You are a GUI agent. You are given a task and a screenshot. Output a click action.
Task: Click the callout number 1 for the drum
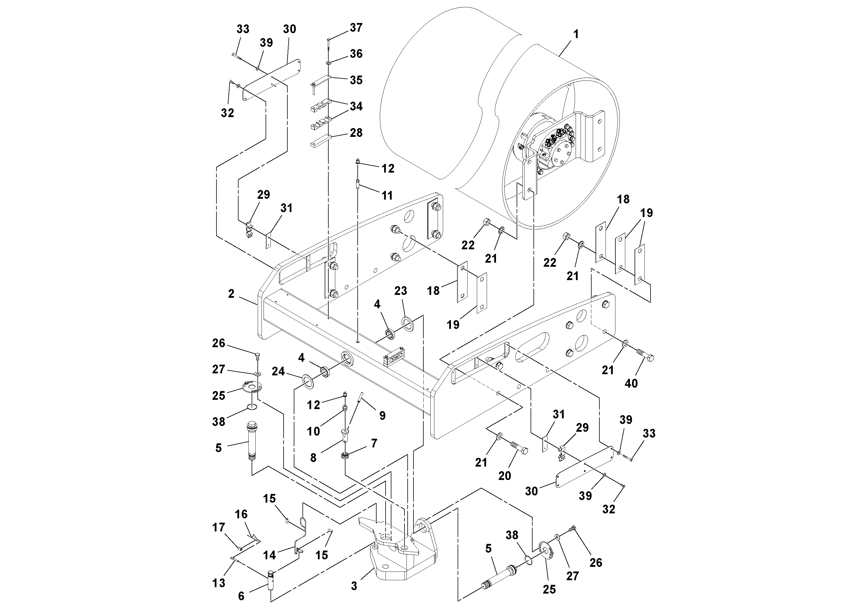[x=575, y=34]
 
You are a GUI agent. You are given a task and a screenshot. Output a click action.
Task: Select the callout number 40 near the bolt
[x=631, y=384]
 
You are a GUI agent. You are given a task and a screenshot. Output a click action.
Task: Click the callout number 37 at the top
[x=356, y=28]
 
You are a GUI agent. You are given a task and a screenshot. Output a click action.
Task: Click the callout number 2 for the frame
[x=231, y=293]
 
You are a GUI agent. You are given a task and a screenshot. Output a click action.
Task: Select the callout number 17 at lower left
[x=219, y=527]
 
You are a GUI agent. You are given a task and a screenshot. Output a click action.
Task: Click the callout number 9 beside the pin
[x=382, y=415]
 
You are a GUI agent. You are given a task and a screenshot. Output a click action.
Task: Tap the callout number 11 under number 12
[x=387, y=195]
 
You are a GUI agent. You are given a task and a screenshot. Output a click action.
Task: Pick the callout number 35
[x=356, y=80]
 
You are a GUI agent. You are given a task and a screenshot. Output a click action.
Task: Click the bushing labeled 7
[x=345, y=456]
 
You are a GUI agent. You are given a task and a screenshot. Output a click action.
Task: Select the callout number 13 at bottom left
[x=219, y=583]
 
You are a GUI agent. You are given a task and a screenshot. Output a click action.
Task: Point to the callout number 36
[x=356, y=53]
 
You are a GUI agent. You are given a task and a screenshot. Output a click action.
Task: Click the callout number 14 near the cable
[x=269, y=555]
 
